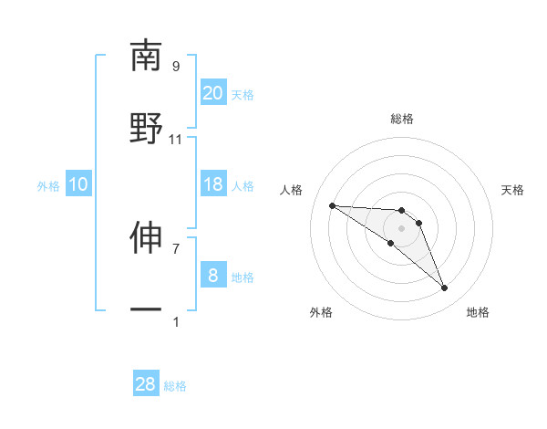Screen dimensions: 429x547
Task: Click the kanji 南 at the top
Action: click(146, 56)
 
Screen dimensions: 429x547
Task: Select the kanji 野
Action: click(146, 128)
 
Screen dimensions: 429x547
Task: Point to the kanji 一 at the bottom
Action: click(146, 310)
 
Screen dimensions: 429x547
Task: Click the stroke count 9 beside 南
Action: click(176, 67)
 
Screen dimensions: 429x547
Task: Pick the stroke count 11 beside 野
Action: click(176, 140)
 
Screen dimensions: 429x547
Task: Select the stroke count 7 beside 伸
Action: click(176, 248)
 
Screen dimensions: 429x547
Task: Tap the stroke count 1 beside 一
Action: click(176, 321)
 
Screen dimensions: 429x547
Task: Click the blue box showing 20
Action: click(212, 93)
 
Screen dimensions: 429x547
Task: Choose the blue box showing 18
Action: click(212, 184)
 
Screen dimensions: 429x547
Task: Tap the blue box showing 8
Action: click(212, 276)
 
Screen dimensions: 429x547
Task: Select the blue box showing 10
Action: click(78, 184)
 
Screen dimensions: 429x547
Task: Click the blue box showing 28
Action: click(146, 384)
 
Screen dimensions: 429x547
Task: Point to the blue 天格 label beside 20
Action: click(243, 95)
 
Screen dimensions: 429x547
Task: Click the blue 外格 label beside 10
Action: click(48, 186)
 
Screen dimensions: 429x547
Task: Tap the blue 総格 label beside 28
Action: click(175, 386)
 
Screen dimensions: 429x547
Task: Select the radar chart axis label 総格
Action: click(401, 119)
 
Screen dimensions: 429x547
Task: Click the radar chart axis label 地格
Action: click(478, 312)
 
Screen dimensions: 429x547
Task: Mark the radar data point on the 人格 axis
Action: click(332, 205)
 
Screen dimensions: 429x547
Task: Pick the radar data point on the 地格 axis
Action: click(444, 288)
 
